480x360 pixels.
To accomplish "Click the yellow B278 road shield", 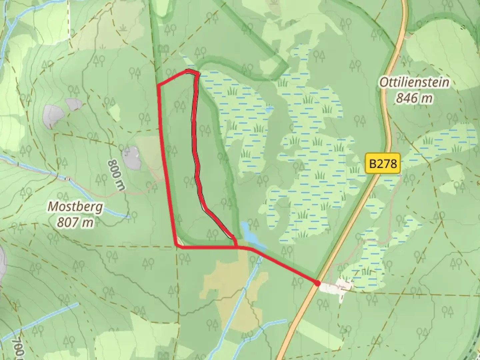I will (x=383, y=163).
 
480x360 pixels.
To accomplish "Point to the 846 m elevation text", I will (x=414, y=98).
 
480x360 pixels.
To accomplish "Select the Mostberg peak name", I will (x=75, y=207).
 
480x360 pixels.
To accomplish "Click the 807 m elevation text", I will (x=75, y=222).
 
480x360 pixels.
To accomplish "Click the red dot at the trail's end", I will (x=317, y=283).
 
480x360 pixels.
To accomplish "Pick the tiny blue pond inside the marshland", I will (x=269, y=109).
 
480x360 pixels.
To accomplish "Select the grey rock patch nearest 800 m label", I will (x=132, y=157).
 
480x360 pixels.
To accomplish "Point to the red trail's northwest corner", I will (x=158, y=85).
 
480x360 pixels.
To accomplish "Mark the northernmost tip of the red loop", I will (x=189, y=71).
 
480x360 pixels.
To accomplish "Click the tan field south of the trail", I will (x=230, y=283).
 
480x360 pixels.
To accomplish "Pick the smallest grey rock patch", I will (x=74, y=104).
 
